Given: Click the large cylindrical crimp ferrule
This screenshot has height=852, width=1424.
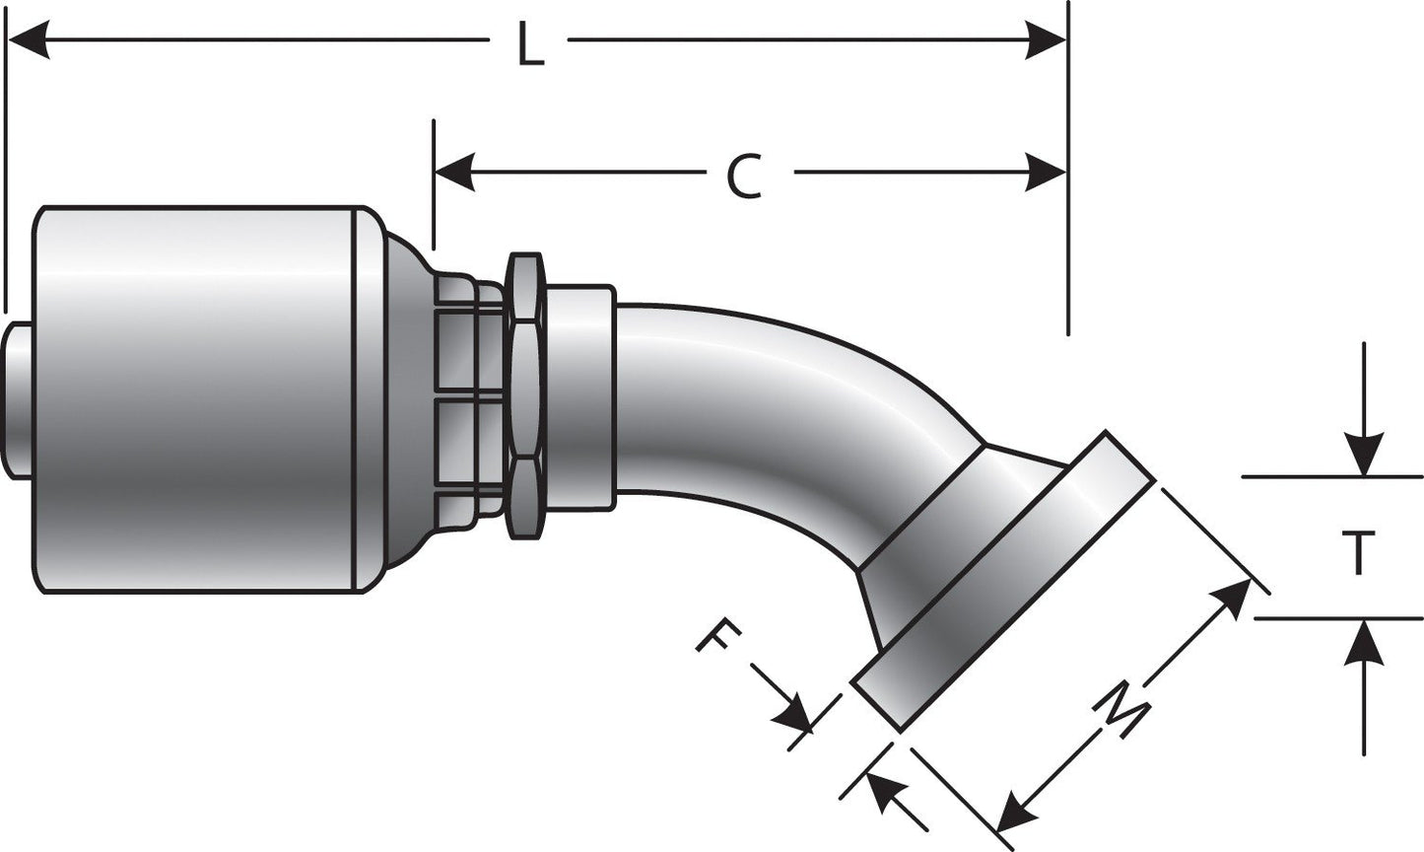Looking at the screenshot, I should click(x=197, y=399).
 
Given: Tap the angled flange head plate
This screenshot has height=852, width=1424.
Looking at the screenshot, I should click(x=1005, y=582).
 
